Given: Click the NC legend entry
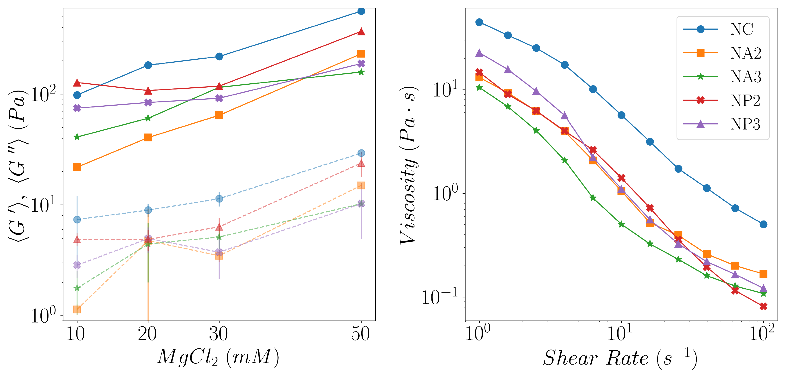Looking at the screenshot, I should pos(742,29).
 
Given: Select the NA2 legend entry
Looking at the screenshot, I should pos(745,53).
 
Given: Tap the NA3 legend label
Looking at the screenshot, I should pos(745,77).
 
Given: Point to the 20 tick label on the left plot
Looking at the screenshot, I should pos(147,334).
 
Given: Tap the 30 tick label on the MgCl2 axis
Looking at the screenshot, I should pos(218,334).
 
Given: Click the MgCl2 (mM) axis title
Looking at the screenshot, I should pos(218,357).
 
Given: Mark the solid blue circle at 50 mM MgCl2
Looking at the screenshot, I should pos(361,11).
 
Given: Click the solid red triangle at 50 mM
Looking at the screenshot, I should pos(361,32).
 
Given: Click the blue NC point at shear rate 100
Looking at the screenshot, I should pos(763,224).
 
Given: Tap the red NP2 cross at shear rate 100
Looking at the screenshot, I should pos(763,306).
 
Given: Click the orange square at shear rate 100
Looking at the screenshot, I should pos(763,274).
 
